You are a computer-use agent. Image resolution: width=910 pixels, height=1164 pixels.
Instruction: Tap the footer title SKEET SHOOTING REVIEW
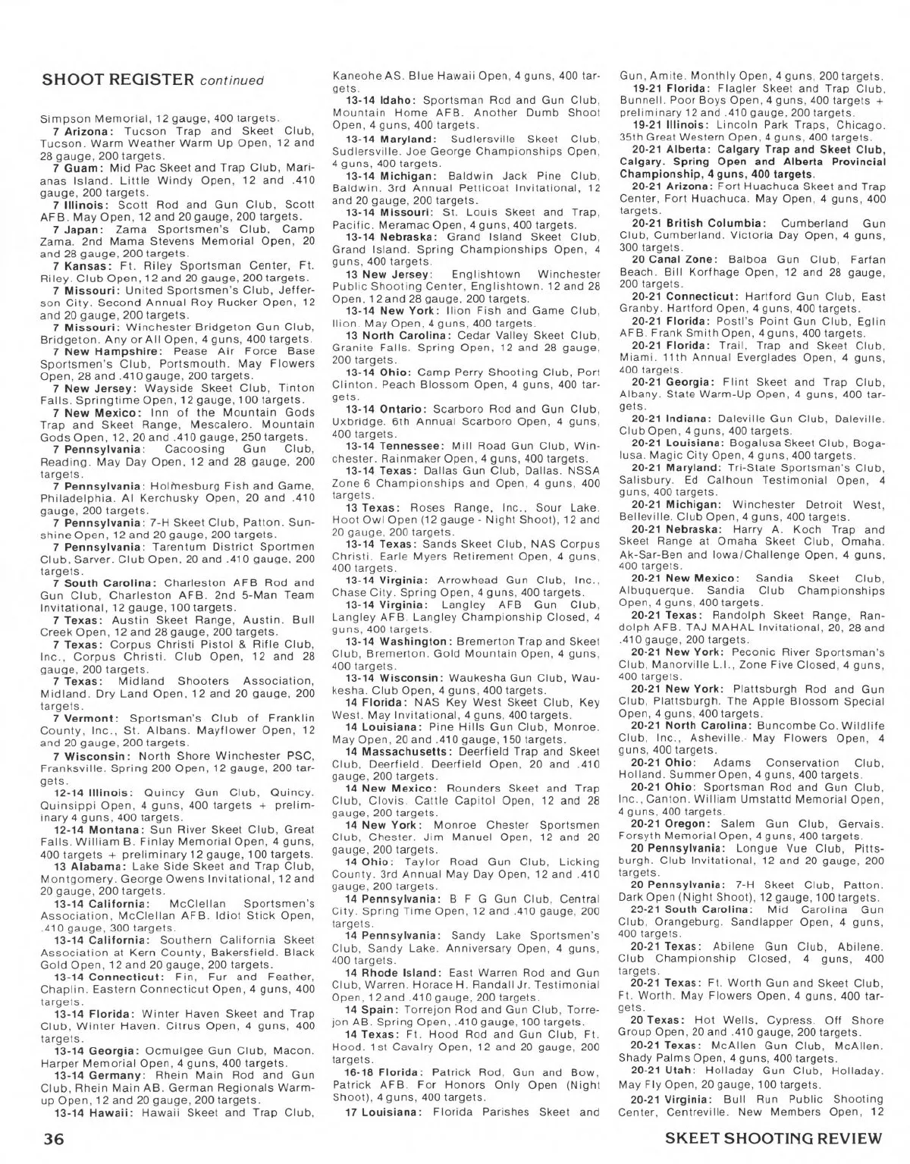pos(773,1139)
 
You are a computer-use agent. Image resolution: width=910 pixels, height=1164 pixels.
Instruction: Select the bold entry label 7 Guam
pos(78,167)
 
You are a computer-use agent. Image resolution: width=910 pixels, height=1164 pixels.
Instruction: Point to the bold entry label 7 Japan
pos(80,228)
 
